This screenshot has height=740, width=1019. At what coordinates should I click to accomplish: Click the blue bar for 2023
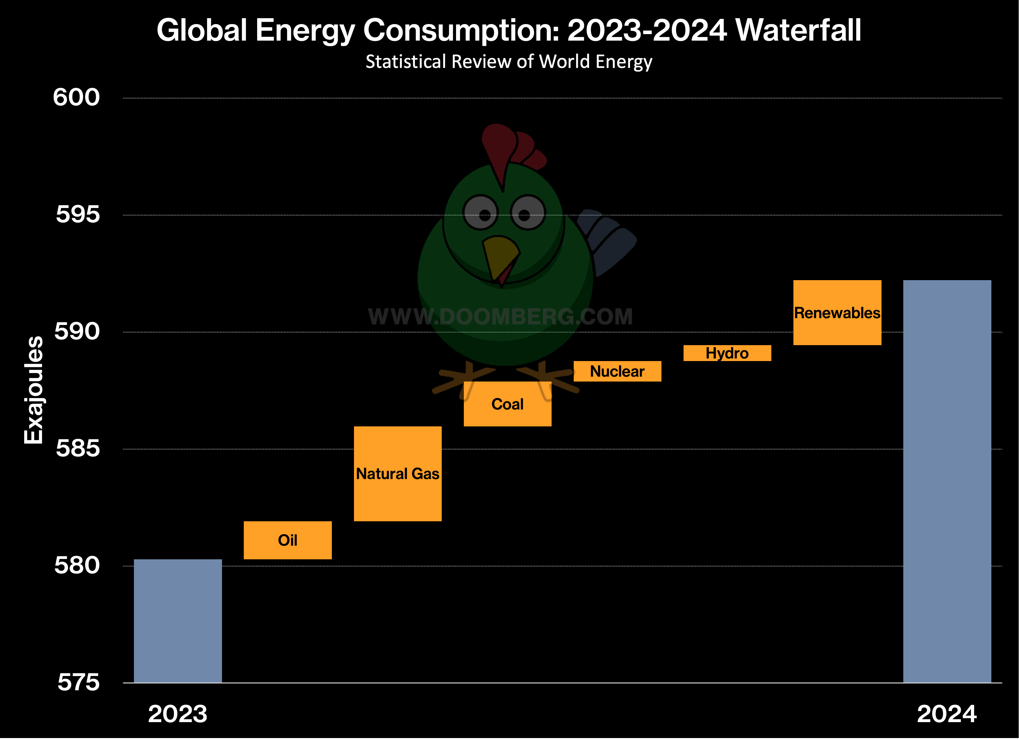(178, 621)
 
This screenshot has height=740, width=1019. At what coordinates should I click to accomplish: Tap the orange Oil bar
(288, 540)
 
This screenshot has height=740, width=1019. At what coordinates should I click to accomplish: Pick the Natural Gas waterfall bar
(398, 474)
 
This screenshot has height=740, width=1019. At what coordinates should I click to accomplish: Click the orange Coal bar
(507, 404)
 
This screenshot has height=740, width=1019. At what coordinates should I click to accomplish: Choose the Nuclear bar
(617, 371)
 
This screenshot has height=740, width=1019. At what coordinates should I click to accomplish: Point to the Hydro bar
(727, 353)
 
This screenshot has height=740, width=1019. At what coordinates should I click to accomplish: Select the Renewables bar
(837, 313)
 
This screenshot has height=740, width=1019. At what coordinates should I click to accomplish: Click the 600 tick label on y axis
(76, 97)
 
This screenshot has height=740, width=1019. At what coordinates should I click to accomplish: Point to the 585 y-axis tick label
(77, 448)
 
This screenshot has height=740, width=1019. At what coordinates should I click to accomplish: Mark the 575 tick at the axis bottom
(78, 682)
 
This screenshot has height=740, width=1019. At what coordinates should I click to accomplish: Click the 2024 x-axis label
(947, 714)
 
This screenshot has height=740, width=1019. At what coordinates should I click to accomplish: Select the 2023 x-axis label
(178, 714)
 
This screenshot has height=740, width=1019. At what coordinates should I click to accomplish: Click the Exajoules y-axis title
(34, 390)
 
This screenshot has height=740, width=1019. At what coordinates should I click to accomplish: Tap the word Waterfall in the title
(798, 31)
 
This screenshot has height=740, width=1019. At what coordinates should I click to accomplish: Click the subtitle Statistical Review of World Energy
(509, 61)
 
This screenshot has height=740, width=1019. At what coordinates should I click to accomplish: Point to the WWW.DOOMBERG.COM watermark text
(500, 316)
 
